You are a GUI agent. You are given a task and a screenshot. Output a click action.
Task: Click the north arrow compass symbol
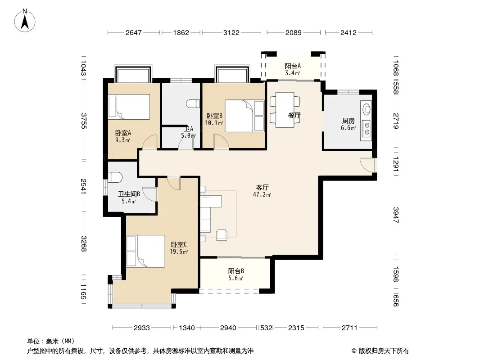tap(25, 21)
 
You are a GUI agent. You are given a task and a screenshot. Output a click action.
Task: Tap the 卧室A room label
tap(123, 133)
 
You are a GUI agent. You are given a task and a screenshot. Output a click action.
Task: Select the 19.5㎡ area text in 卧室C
tap(179, 252)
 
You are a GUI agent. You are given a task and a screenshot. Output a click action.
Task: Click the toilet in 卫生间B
tap(115, 177)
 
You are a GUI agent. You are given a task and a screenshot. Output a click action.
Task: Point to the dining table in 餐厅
tap(285, 110)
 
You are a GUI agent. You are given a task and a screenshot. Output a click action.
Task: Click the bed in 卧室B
tap(245, 116)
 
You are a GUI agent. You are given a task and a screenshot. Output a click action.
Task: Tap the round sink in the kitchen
tap(366, 109)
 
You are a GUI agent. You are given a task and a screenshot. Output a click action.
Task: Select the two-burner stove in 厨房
tap(366, 128)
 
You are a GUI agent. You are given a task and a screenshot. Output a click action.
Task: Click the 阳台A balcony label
tap(293, 66)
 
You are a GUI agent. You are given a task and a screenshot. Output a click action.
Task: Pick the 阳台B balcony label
tap(236, 271)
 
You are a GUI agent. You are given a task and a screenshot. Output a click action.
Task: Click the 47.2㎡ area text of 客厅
tap(262, 194)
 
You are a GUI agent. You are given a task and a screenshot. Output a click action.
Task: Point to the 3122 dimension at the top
tap(231, 33)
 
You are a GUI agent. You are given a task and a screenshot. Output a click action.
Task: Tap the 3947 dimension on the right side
tap(396, 215)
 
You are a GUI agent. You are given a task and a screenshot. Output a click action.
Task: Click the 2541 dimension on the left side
tap(84, 186)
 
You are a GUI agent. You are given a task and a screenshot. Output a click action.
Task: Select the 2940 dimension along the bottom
tap(228, 328)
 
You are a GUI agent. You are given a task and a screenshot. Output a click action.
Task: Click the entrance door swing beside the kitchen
tap(367, 165)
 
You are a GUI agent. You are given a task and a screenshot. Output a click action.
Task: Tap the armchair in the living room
tap(222, 234)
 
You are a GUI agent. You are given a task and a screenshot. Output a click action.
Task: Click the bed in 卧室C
tap(146, 251)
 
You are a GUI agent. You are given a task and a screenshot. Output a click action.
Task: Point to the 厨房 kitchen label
tap(349, 121)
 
